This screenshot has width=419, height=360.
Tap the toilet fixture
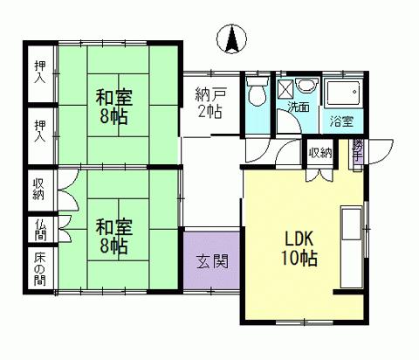256,92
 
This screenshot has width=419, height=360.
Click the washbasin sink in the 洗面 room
306,86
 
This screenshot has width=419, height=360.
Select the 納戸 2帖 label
209,100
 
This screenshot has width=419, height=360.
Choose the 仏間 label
40,229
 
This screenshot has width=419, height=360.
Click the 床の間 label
40,268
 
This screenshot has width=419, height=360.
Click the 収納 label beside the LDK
319,153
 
